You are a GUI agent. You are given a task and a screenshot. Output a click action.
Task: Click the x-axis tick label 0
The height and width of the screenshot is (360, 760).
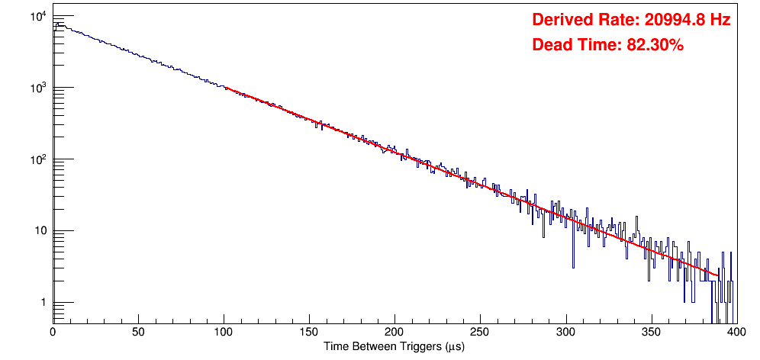(x=53, y=333)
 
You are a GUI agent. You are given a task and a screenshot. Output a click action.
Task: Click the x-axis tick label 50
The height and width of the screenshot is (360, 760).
(x=138, y=333)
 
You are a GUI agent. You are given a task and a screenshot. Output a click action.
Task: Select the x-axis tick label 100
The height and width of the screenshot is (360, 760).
(x=224, y=333)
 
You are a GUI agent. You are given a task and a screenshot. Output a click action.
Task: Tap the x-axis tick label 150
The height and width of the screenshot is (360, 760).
(x=309, y=333)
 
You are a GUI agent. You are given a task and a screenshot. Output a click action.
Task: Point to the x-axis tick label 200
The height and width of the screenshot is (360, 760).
(x=394, y=333)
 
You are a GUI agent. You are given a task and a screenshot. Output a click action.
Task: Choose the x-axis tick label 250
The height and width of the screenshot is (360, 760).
(x=480, y=333)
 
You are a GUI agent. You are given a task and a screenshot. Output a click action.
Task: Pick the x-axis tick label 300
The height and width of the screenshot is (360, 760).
(x=565, y=333)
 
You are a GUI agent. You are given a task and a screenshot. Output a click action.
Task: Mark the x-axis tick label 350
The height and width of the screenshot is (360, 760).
(x=651, y=333)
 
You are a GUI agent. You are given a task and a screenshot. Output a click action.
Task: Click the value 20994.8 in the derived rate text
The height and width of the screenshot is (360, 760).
(x=671, y=20)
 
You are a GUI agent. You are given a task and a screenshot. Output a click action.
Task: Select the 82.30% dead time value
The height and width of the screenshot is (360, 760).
(x=655, y=46)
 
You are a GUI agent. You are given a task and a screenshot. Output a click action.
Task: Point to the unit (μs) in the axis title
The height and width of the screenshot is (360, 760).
(x=452, y=346)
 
